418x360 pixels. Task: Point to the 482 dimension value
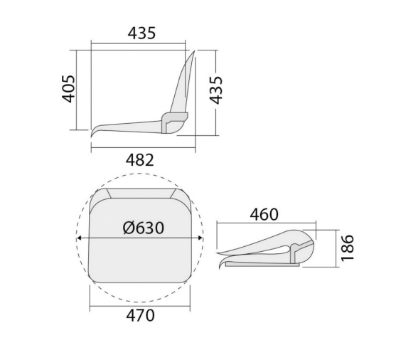(x=140, y=160)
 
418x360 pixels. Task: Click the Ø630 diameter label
(x=143, y=228)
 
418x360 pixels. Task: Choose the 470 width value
(x=139, y=315)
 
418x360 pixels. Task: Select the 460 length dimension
(x=264, y=213)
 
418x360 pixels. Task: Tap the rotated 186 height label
(x=348, y=248)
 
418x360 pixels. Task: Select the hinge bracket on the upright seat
(x=173, y=120)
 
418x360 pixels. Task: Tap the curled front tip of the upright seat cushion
(x=95, y=134)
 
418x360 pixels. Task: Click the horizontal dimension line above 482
(x=143, y=147)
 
